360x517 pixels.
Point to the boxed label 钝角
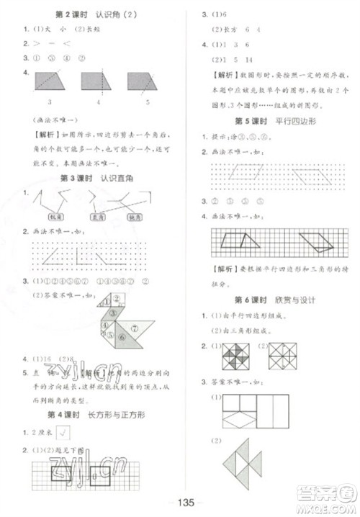[137, 216]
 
